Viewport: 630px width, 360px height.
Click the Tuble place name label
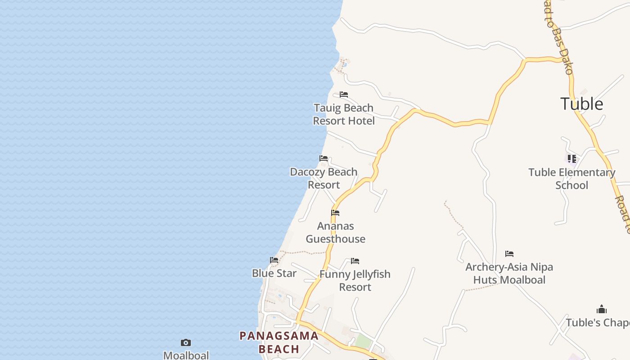point(581,104)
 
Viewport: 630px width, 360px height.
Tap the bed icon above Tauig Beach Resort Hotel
point(344,94)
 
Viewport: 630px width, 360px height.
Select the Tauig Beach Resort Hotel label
point(344,114)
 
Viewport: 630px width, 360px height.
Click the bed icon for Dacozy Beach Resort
point(324,158)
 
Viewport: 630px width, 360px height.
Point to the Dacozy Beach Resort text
point(324,178)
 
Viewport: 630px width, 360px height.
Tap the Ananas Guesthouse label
point(336,232)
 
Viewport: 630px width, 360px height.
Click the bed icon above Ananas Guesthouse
point(335,213)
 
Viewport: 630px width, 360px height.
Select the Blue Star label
point(274,273)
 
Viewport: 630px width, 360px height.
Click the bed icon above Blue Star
point(274,260)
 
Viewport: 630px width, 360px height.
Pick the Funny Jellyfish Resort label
point(355,280)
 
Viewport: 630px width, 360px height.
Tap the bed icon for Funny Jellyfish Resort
point(355,261)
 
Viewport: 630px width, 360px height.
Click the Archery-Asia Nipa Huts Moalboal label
point(509,273)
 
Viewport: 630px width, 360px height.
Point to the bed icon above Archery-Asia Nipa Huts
point(509,254)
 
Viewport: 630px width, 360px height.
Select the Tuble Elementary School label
point(571,179)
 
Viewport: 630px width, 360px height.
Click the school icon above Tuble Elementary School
point(572,158)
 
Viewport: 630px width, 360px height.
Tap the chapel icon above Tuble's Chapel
point(602,310)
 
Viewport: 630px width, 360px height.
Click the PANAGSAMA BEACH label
point(279,342)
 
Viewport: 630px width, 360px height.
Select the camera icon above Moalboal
point(186,343)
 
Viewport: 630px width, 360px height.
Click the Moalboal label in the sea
point(186,355)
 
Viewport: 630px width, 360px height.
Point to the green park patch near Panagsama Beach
point(363,341)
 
